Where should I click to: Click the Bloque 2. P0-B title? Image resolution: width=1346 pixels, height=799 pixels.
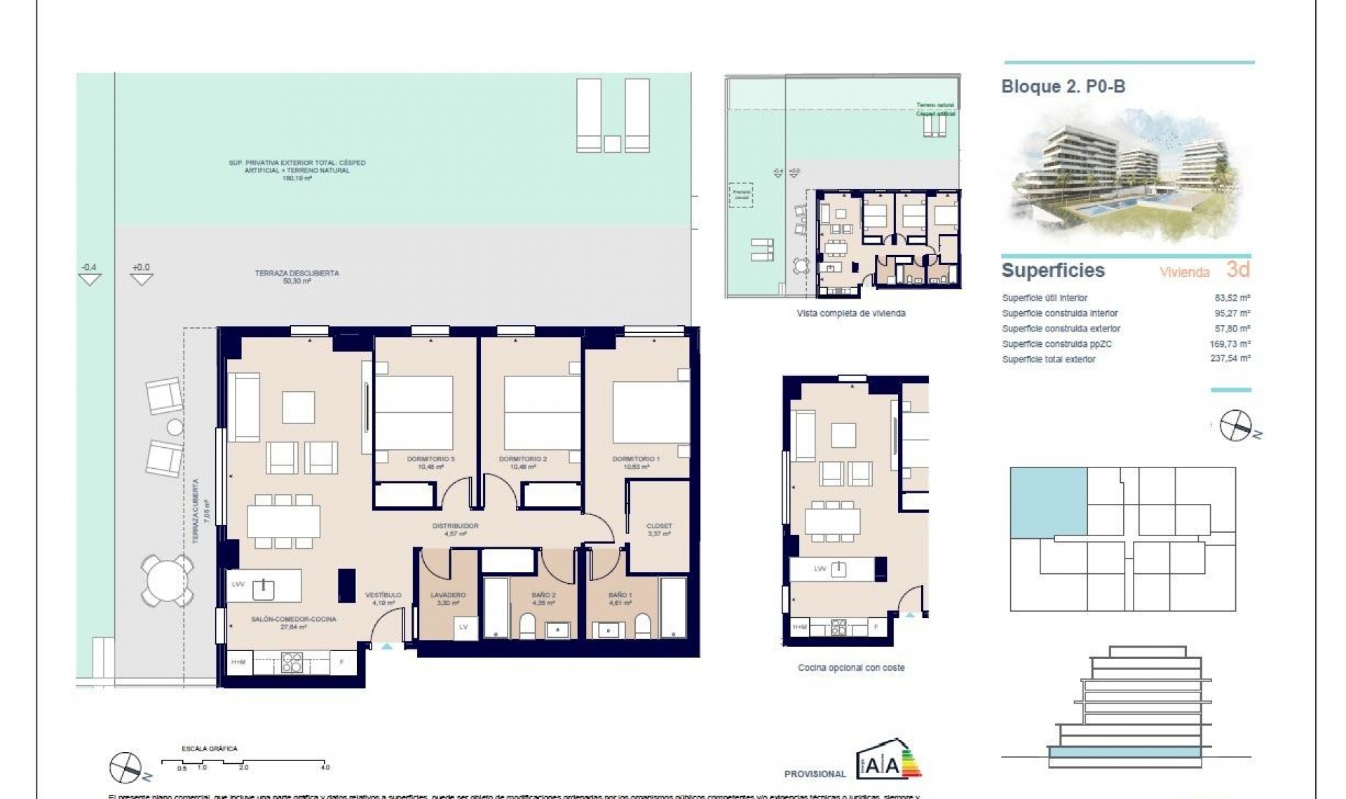(1063, 87)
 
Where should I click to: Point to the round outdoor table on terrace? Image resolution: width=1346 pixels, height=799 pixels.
(167, 580)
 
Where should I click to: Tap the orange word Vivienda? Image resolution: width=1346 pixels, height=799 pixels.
(1184, 272)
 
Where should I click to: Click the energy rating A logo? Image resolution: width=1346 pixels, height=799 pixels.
(888, 760)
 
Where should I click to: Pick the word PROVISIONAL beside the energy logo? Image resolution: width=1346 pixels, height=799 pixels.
(815, 774)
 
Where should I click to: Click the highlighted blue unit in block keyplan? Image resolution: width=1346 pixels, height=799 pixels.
(1048, 502)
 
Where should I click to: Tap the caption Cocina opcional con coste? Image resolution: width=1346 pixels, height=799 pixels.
(851, 668)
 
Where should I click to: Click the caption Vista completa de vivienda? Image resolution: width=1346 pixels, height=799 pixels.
(851, 313)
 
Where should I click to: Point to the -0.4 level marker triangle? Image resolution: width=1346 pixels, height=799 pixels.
(90, 279)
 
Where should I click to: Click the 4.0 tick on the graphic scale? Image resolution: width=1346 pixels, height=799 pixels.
(325, 767)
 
